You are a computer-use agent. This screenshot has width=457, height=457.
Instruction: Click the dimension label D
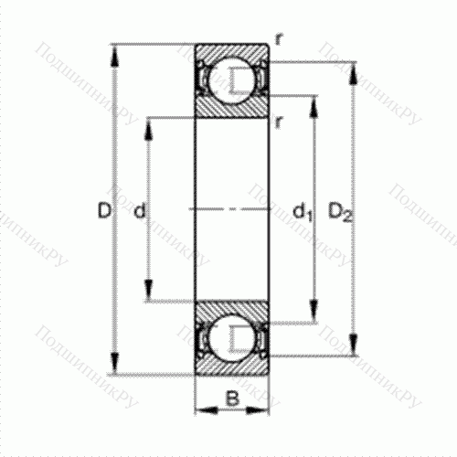tap(103, 210)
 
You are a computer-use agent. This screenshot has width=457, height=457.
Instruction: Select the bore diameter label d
tap(140, 210)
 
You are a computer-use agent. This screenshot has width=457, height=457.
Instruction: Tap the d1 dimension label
tap(303, 212)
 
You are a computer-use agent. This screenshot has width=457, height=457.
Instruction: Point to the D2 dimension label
tap(340, 212)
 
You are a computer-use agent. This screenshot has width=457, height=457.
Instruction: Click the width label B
tap(232, 398)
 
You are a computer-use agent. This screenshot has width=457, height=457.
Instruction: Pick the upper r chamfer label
tap(279, 39)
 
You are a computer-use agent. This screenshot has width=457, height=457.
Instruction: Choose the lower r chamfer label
tap(278, 122)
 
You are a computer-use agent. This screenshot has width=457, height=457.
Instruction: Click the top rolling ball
tap(232, 80)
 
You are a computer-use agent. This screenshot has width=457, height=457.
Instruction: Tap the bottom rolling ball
tap(232, 338)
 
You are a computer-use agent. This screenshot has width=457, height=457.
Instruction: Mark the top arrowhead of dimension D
tap(114, 56)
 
